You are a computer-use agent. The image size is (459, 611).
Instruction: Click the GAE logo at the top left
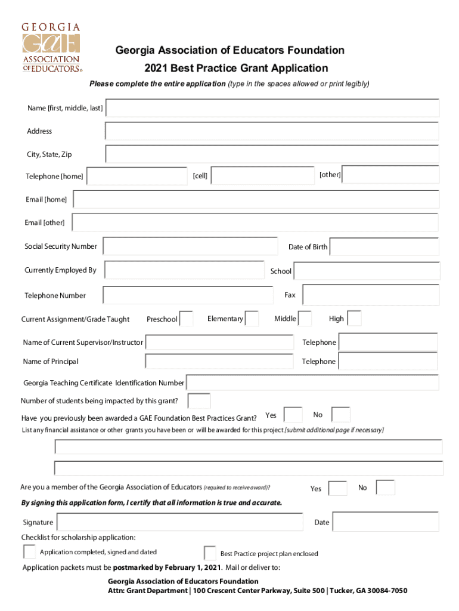[51, 48]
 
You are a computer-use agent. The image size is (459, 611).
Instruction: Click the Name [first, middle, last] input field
[272, 108]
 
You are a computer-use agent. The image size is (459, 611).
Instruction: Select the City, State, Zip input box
[272, 154]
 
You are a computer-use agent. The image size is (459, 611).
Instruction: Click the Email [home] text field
[256, 199]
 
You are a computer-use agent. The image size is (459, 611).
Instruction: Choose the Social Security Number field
[190, 246]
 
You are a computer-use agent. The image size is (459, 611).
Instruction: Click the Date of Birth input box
[384, 246]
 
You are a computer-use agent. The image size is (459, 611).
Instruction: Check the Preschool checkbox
[187, 319]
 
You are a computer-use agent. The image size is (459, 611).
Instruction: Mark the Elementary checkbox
[252, 319]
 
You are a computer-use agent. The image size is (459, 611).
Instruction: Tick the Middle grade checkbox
[305, 319]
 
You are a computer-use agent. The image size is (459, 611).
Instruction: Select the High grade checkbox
[354, 319]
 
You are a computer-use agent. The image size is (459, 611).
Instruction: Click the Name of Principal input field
[219, 362]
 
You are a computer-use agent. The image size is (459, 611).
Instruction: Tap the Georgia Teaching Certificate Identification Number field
[313, 382]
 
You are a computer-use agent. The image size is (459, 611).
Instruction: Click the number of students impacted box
[199, 401]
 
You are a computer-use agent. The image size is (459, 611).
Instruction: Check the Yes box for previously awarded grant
[293, 415]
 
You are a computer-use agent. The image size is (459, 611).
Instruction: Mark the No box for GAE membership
[385, 487]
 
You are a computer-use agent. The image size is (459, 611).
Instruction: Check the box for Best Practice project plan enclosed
[210, 553]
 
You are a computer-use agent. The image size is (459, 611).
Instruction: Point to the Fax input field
[371, 295]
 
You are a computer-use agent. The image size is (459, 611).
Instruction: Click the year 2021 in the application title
[156, 68]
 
